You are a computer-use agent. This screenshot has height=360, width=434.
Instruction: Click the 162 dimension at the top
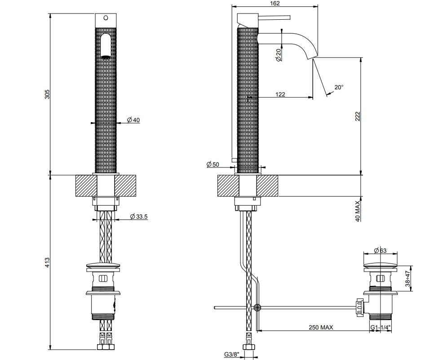[275, 4]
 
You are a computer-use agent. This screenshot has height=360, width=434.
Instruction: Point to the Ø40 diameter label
[133, 120]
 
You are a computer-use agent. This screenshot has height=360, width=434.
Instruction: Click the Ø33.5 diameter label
[139, 216]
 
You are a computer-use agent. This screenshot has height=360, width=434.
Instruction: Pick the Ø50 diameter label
[213, 165]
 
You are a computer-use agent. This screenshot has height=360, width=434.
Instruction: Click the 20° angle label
[338, 87]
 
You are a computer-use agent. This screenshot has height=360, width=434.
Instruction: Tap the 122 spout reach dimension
[280, 94]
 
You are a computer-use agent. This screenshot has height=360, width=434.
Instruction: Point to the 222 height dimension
[358, 116]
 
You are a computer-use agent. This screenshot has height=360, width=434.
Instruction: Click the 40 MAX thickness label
[358, 211]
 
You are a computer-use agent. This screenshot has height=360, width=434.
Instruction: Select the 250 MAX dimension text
[320, 328]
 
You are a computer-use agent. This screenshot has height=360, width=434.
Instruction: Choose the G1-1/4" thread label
[381, 328]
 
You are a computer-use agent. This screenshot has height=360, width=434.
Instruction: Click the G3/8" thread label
[231, 355]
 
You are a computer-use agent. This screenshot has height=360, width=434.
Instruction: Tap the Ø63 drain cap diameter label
[381, 251]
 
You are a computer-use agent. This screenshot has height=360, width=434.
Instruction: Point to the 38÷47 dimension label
[408, 278]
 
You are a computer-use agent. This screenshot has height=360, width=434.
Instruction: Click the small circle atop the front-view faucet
[106, 18]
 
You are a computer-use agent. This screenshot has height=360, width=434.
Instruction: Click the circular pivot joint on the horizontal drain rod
[257, 308]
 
